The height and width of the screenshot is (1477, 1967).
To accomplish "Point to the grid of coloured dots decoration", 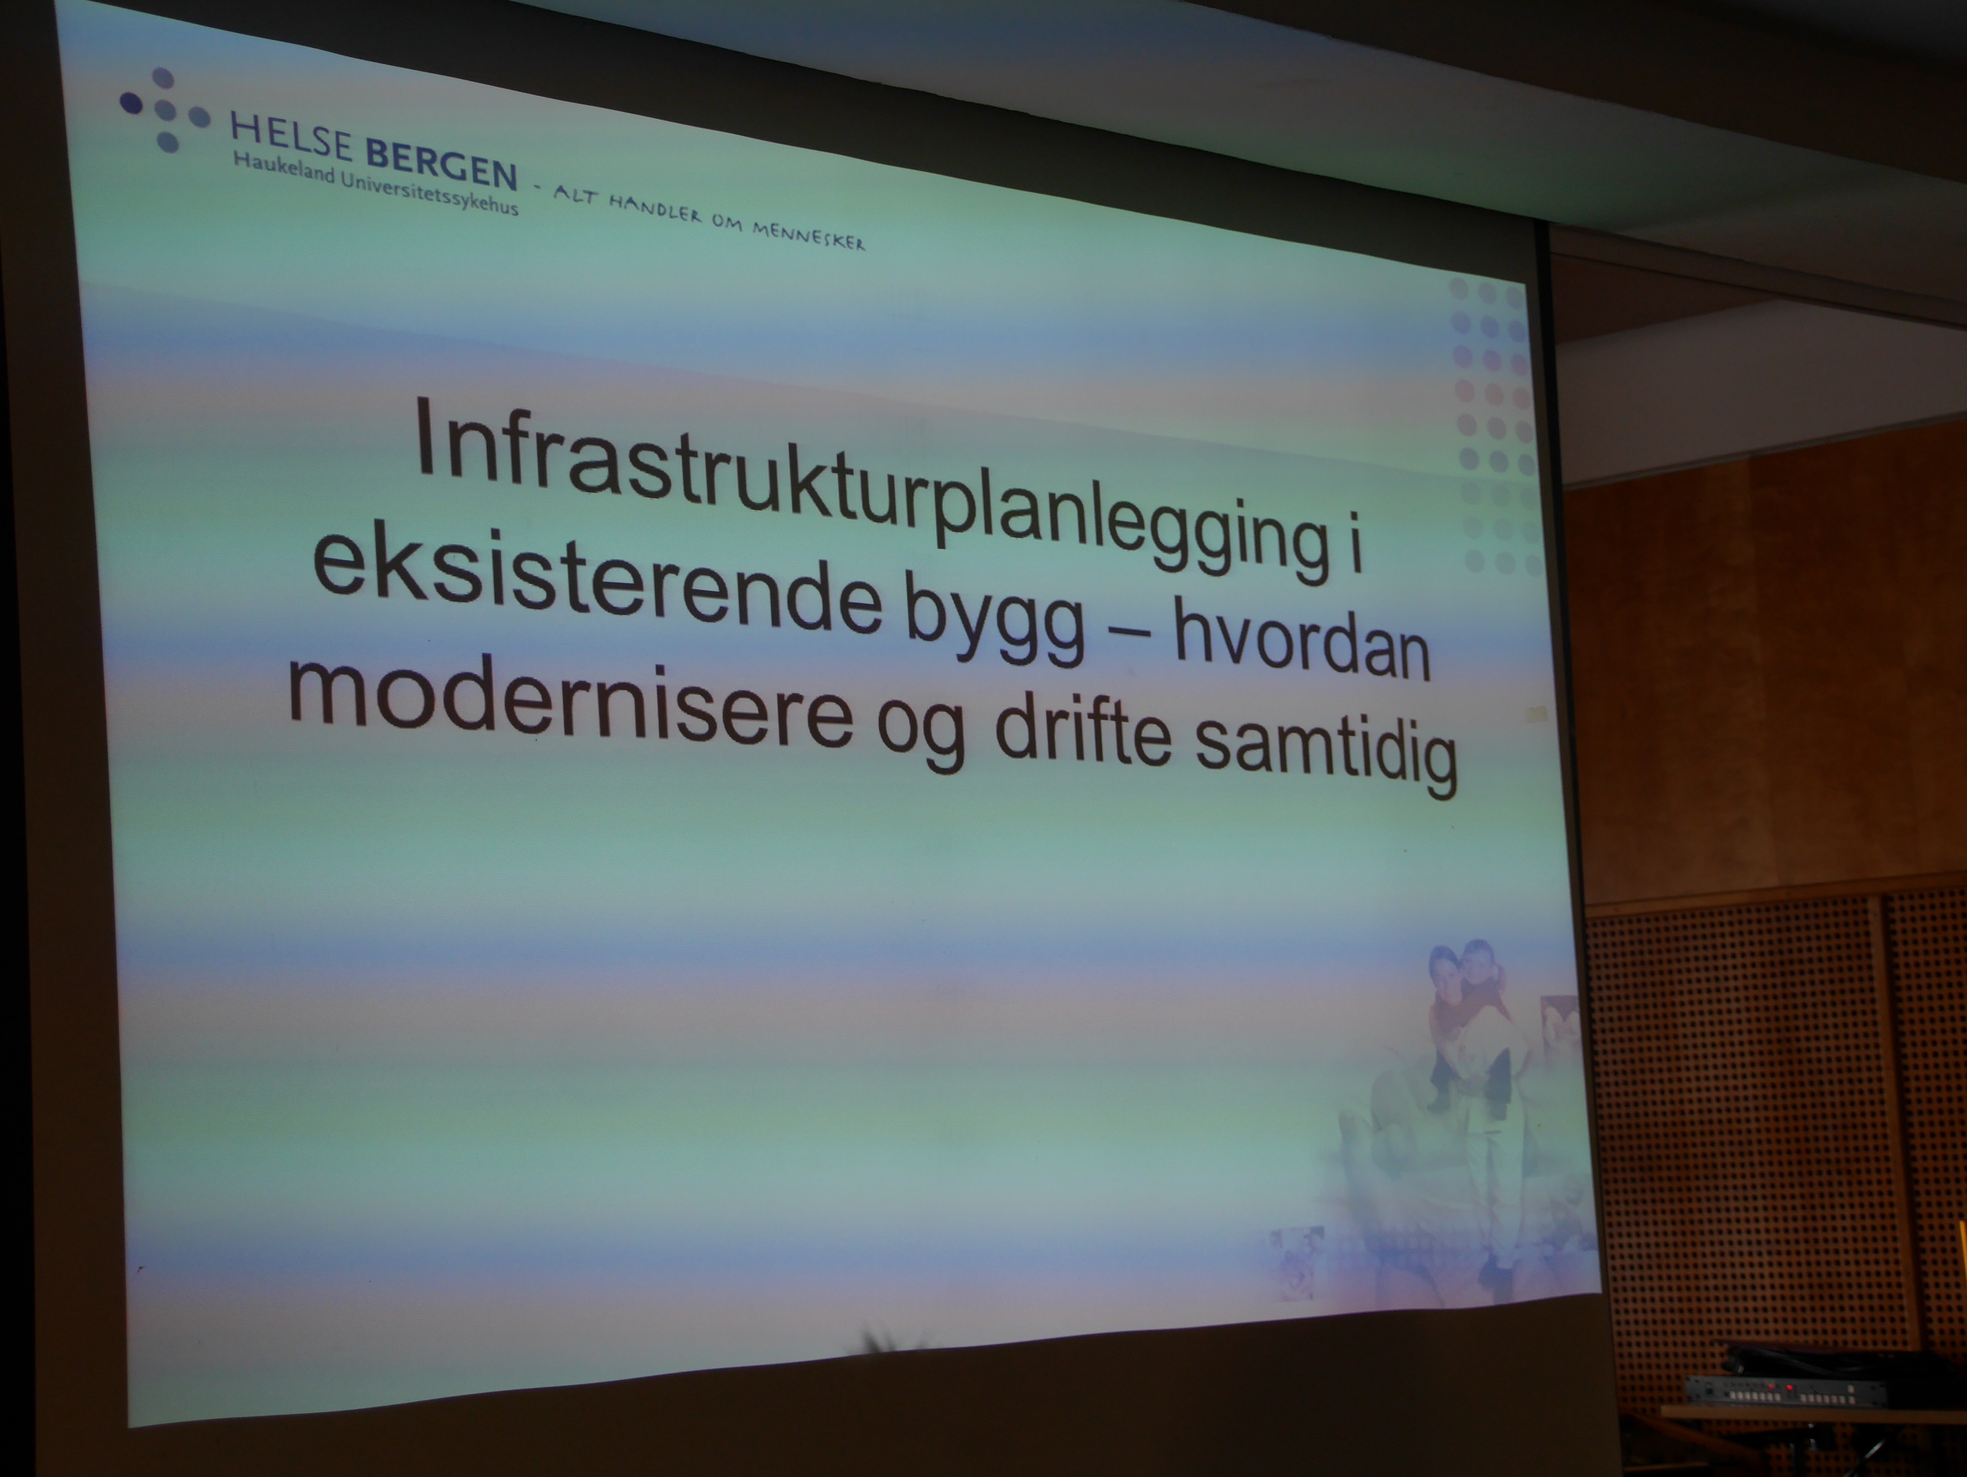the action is pyautogui.click(x=1494, y=425).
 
